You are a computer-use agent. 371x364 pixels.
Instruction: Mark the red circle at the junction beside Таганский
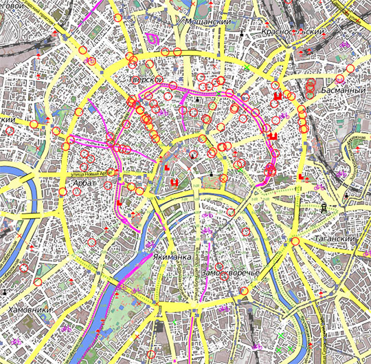pyautogui.click(x=295, y=242)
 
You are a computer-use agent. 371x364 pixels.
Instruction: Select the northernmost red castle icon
pyautogui.click(x=278, y=96)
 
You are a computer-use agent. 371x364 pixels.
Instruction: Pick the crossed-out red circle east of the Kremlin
pyautogui.click(x=223, y=178)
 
